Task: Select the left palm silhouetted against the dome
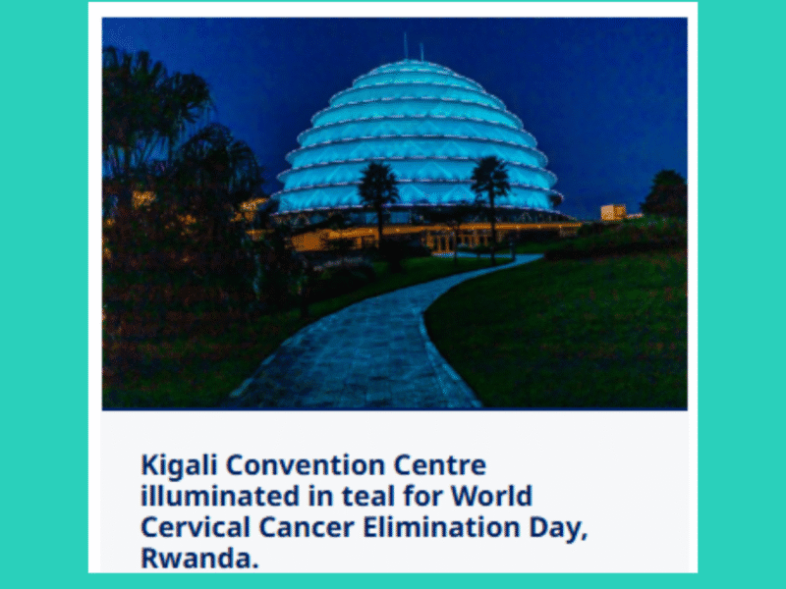click(379, 191)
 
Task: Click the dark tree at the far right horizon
click(665, 194)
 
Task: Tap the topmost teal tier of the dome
click(413, 70)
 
